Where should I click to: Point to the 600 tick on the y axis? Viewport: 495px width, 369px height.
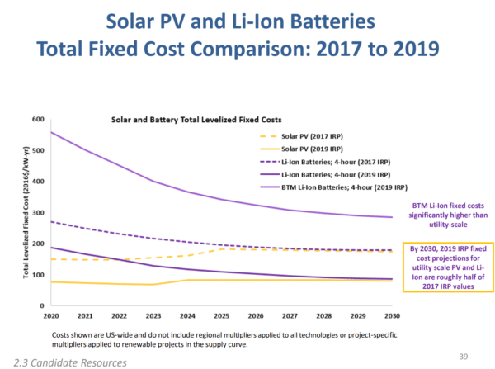pyautogui.click(x=37, y=119)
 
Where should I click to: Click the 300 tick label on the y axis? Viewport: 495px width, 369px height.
pyautogui.click(x=37, y=212)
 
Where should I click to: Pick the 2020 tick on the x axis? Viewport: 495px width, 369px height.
pyautogui.click(x=51, y=315)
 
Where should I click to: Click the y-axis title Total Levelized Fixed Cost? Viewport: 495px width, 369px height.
pyautogui.click(x=27, y=212)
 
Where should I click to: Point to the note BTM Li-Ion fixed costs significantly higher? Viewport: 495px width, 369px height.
pyautogui.click(x=446, y=215)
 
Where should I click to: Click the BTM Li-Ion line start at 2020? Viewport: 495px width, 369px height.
pyautogui.click(x=52, y=132)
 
